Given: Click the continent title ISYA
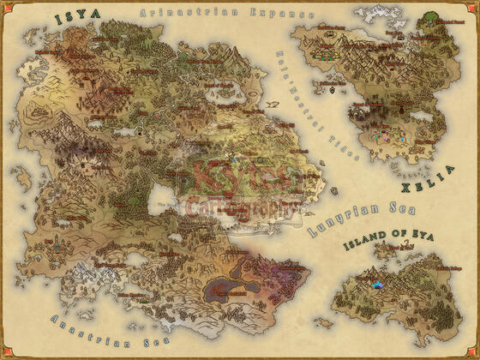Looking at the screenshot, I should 76,17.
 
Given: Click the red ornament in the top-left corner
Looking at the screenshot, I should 5,5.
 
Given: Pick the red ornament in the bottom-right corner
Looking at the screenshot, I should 475,355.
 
